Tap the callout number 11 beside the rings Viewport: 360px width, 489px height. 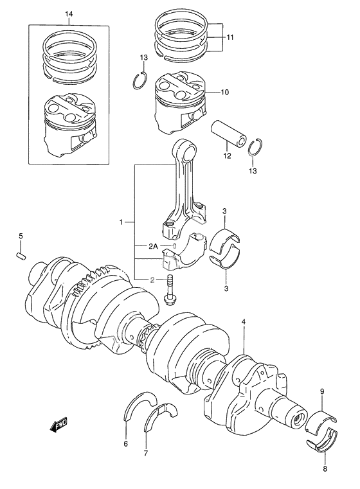point(230,38)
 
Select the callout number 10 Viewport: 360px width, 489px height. point(224,93)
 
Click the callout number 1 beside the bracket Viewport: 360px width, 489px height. point(121,222)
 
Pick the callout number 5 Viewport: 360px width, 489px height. point(21,237)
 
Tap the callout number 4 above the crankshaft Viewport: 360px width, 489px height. point(244,321)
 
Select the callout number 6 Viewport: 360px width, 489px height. point(126,444)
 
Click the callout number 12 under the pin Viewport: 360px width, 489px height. point(227,155)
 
